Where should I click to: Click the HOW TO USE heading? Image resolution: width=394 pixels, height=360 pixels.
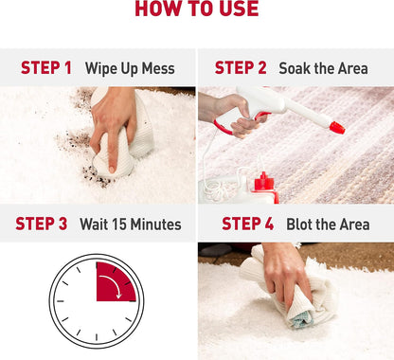(x=197, y=9)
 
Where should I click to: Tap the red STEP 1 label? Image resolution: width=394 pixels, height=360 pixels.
(x=46, y=68)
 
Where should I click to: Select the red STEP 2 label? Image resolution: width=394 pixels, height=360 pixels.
(x=241, y=68)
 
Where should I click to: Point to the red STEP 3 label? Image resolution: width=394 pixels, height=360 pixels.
(x=42, y=224)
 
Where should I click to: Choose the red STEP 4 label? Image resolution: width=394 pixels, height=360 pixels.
(x=247, y=224)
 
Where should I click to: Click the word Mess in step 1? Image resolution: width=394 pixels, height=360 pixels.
(x=158, y=68)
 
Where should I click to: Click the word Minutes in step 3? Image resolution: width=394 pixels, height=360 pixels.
(x=156, y=224)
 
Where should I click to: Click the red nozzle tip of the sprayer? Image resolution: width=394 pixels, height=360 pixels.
(x=337, y=128)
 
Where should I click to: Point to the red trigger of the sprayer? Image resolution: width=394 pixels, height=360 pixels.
(x=225, y=126)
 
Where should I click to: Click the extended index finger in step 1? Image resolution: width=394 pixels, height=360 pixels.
(x=111, y=152)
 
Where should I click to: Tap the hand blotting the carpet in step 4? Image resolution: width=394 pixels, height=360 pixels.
(x=286, y=273)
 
